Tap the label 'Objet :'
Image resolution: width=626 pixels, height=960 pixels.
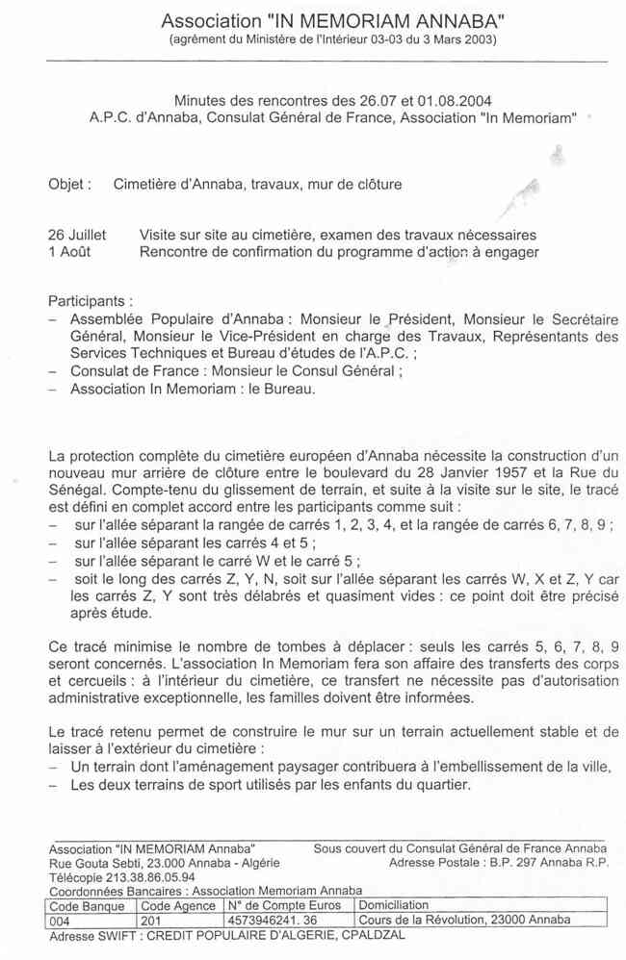click(69, 184)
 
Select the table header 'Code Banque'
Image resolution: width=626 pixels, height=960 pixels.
click(87, 905)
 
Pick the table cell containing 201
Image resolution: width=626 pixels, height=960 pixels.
click(152, 919)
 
